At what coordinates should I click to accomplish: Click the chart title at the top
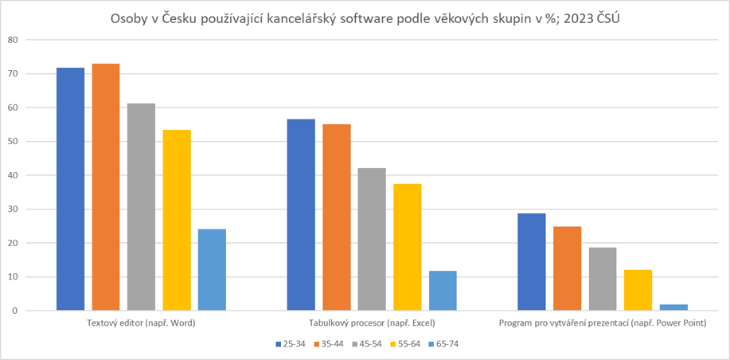pos(365,18)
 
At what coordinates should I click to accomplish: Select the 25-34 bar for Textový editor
pos(70,190)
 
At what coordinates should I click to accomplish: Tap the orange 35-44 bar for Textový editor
pos(106,187)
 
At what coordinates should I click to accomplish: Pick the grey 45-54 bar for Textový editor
pos(141,207)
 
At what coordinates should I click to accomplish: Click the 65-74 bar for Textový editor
pos(212,270)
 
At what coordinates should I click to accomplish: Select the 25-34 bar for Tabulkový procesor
pos(301,215)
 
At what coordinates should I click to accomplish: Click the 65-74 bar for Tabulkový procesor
pos(443,291)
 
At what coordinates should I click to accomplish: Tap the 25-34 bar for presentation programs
pos(531,262)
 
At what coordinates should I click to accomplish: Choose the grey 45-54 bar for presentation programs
pos(603,279)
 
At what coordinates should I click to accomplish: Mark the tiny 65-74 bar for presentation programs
pos(673,307)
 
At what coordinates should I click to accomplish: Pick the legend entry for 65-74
pos(442,344)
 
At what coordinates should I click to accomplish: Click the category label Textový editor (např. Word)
pos(141,323)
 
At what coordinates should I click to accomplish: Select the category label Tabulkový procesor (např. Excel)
pos(372,323)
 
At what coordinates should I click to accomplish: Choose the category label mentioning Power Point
pos(602,323)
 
